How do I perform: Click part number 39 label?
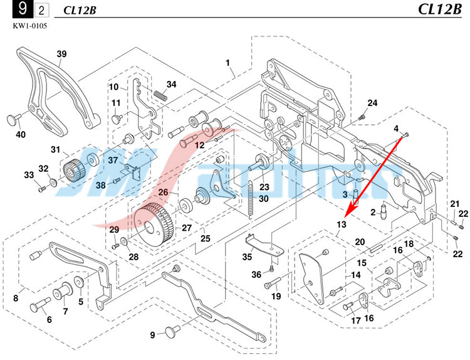point(61,54)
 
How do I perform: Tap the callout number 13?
point(341,225)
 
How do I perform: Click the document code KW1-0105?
point(29,26)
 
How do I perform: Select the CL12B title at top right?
point(437,9)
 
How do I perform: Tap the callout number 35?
point(248,257)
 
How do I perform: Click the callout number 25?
point(205,239)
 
